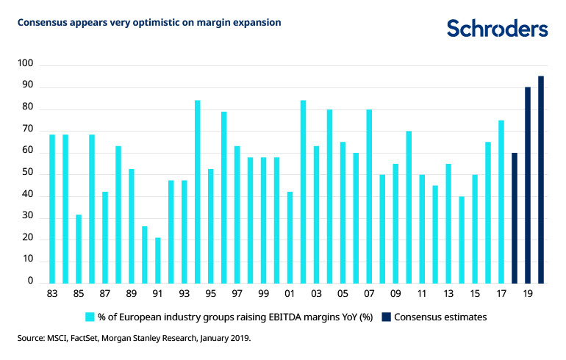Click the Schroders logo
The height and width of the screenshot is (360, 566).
tap(497, 29)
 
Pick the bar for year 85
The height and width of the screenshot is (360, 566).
tap(79, 248)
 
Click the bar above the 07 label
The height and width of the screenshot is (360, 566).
tap(370, 196)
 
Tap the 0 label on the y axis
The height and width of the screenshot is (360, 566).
tap(31, 281)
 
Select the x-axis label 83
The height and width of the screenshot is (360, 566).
tap(52, 294)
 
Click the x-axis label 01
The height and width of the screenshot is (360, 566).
tap(290, 294)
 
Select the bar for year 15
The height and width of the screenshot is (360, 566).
tap(476, 228)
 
